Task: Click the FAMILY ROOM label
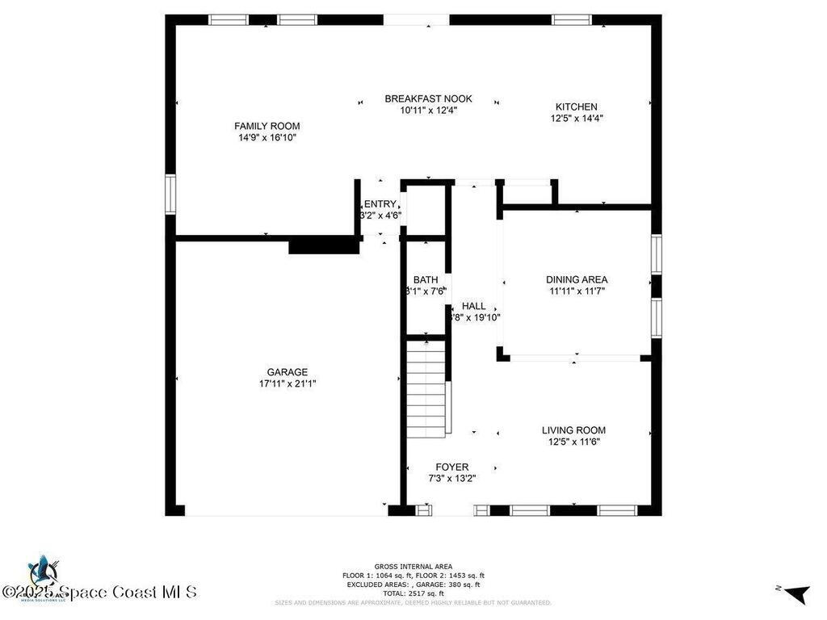pos(267,126)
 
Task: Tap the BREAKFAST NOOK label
pos(428,98)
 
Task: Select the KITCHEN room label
pos(576,107)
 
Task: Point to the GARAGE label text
pos(288,372)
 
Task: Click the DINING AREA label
pos(577,280)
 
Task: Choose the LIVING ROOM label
pos(573,430)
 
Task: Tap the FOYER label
pos(451,467)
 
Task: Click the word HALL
pos(474,306)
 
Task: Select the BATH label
pos(425,279)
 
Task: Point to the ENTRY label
pos(380,204)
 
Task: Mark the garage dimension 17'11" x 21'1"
pos(288,384)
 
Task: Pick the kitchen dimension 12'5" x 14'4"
pos(576,119)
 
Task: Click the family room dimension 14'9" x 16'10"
pos(267,138)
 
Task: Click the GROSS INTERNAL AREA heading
pos(413,566)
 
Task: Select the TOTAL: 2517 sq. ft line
pos(413,593)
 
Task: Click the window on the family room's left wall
pos(170,195)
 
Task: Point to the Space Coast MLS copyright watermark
pos(99,592)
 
